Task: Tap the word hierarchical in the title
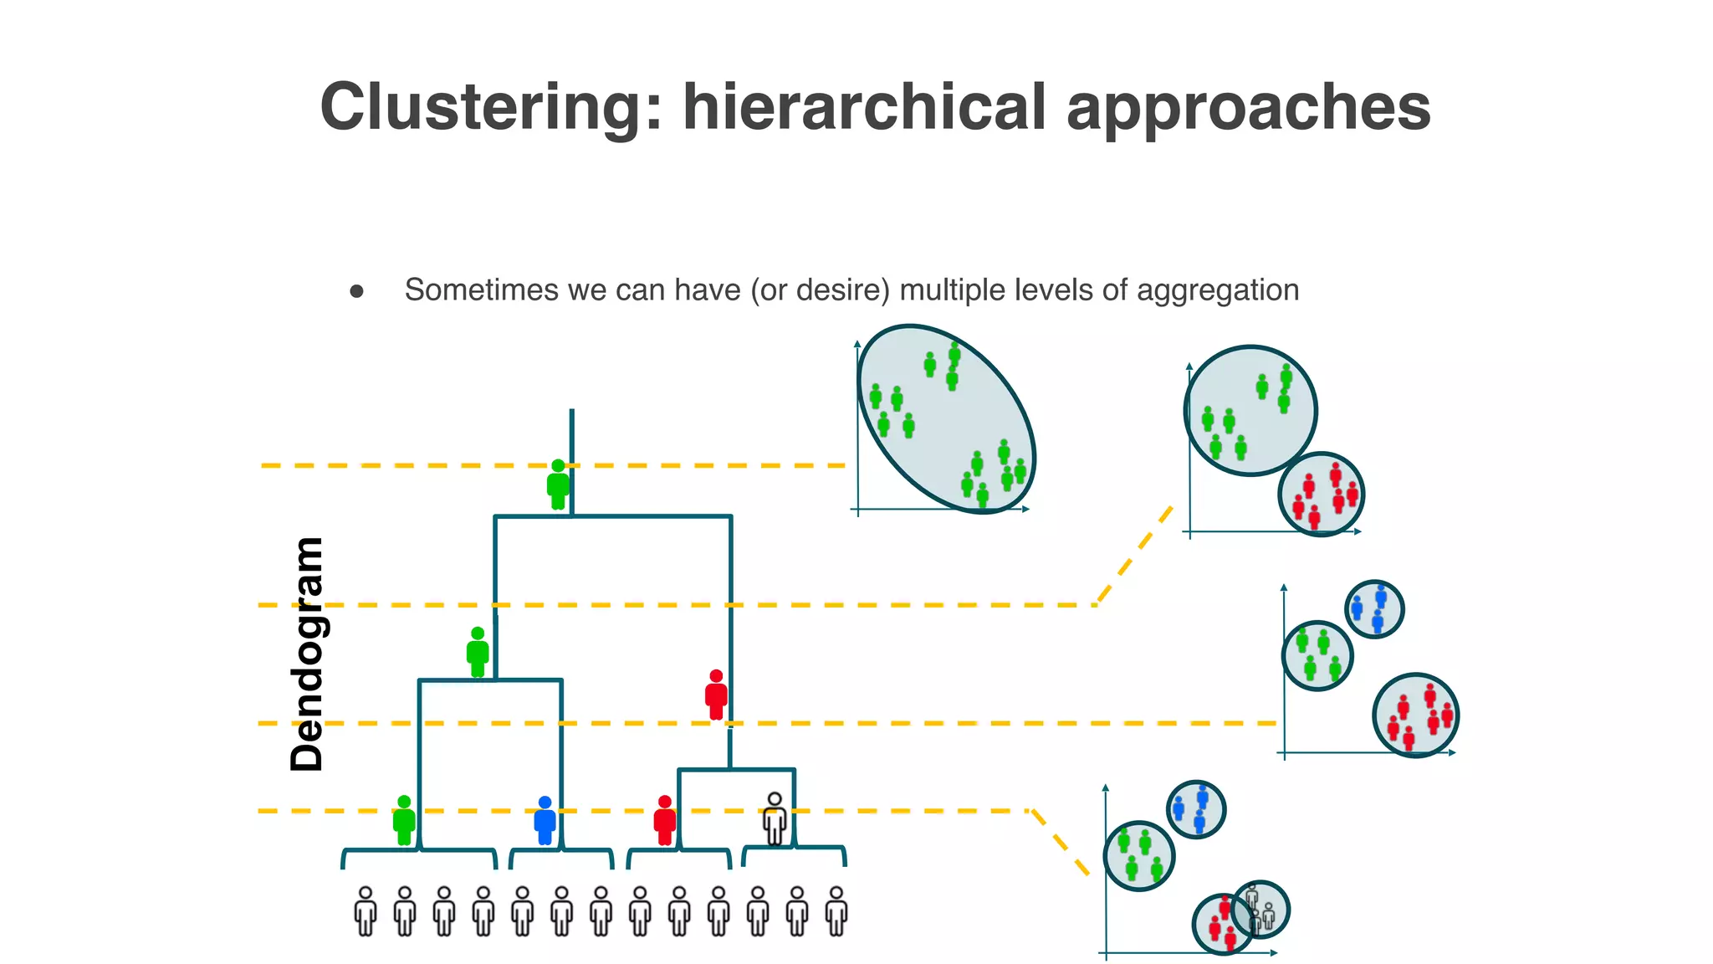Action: [x=865, y=107]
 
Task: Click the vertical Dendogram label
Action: [x=306, y=654]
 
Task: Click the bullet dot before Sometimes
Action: [x=357, y=291]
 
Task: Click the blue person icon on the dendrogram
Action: [x=545, y=820]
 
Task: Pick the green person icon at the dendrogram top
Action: [x=558, y=485]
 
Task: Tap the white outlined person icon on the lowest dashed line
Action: [x=775, y=819]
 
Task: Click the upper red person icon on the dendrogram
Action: [x=716, y=695]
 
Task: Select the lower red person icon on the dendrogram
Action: [x=665, y=820]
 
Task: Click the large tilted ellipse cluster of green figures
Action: [x=946, y=418]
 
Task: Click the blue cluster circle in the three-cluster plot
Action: [x=1374, y=609]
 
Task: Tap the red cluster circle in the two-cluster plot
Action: [x=1321, y=495]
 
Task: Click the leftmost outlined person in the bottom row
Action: [x=366, y=911]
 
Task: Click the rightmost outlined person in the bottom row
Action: [x=836, y=911]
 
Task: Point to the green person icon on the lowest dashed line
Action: [x=404, y=820]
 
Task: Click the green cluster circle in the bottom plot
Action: [x=1138, y=855]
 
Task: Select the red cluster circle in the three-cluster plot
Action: [x=1415, y=715]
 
